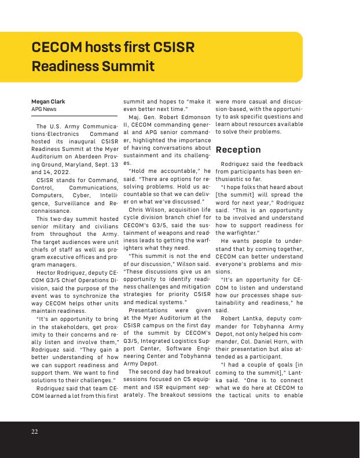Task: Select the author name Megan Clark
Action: click(48, 101)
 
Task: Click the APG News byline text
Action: click(44, 109)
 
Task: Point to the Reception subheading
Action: click(238, 150)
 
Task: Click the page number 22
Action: click(35, 431)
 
